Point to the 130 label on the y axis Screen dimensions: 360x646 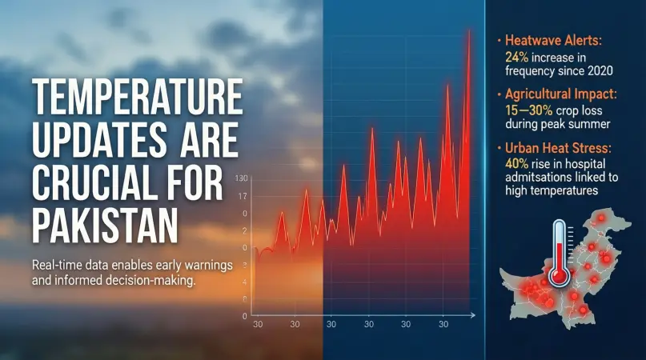243,178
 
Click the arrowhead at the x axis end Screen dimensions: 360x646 474,314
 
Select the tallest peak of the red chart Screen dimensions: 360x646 467,32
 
